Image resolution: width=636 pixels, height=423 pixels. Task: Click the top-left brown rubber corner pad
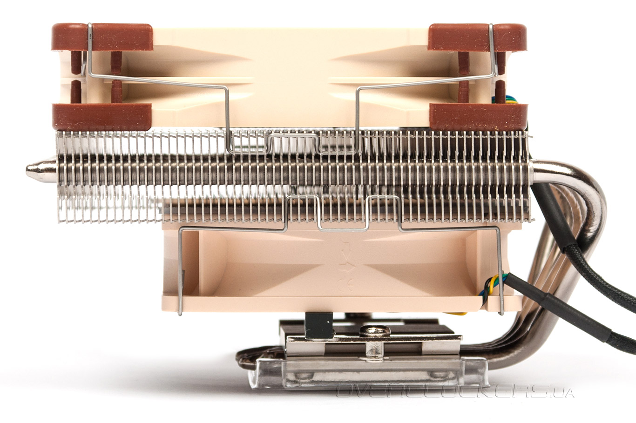click(102, 37)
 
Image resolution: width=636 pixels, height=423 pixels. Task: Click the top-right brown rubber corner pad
click(477, 37)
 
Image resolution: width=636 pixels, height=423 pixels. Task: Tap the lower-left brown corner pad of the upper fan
click(101, 117)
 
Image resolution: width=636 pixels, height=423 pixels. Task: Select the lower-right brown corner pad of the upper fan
click(479, 117)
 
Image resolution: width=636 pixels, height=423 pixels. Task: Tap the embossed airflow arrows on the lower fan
click(347, 257)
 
